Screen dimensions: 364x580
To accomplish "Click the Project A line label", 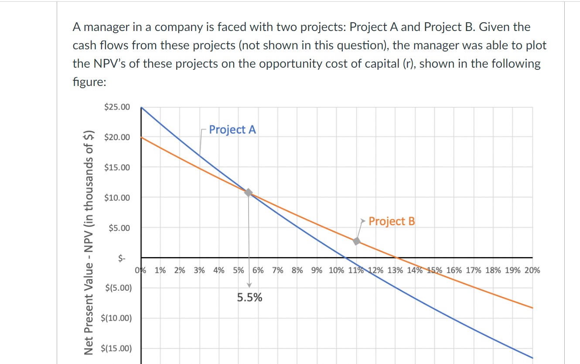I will point(232,130).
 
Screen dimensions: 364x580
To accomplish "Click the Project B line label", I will point(392,221).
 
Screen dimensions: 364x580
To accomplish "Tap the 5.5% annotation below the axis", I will point(249,298).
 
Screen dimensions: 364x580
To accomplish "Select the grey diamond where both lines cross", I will point(249,192).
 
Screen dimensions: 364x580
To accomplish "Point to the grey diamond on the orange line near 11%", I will point(357,241).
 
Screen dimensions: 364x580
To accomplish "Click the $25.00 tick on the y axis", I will point(117,107).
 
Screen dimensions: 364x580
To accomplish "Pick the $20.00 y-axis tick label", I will point(117,137).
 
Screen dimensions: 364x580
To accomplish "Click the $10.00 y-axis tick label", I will point(117,197).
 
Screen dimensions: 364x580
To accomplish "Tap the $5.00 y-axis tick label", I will point(119,228).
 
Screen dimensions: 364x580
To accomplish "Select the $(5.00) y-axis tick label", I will point(117,288).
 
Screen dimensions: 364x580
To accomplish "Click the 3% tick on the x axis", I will point(199,270).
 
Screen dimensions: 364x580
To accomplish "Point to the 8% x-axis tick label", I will point(297,270).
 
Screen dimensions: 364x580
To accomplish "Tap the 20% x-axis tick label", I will point(532,270).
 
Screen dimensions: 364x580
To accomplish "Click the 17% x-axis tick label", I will point(473,270).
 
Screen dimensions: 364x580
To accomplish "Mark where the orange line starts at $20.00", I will point(141,137).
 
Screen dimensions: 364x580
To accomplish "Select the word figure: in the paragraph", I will point(89,82).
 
